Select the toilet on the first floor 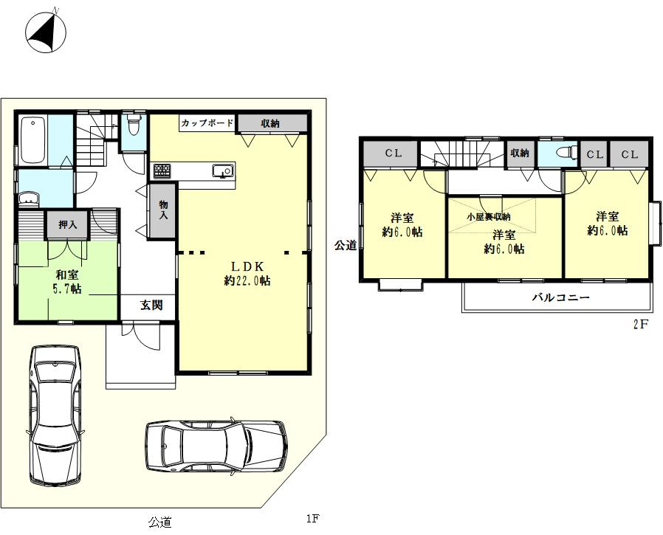[x=134, y=124]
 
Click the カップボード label [x=207, y=123]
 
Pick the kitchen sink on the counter [x=223, y=170]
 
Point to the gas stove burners [x=162, y=170]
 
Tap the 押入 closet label [x=68, y=224]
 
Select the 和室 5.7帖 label [x=68, y=282]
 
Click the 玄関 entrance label [x=151, y=305]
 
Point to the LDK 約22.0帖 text [x=247, y=274]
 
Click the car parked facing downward [x=55, y=415]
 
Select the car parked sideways [x=216, y=447]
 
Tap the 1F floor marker [x=312, y=518]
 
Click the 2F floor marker [x=641, y=325]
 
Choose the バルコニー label [x=560, y=297]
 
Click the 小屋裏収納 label [x=488, y=217]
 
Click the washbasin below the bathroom [x=30, y=198]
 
